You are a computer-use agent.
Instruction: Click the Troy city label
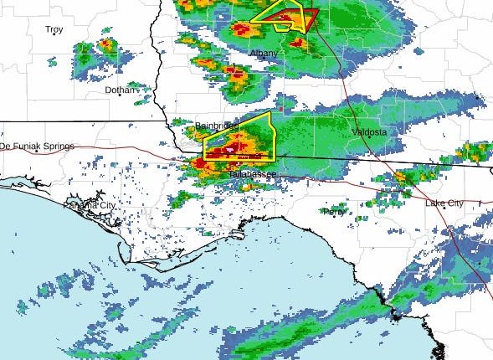pos(54,29)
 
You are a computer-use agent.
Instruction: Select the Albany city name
pos(264,54)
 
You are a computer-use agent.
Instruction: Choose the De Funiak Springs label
pos(37,146)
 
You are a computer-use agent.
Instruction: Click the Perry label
pos(334,212)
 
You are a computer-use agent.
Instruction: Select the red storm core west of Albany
pos(237,77)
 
